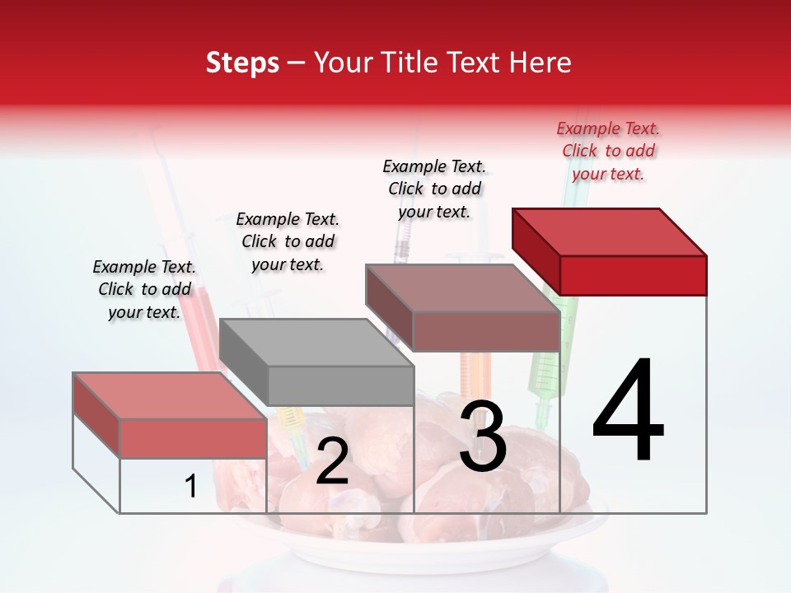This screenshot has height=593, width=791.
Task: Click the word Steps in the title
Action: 242,63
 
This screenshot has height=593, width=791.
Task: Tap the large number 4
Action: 628,412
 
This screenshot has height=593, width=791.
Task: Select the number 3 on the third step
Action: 483,437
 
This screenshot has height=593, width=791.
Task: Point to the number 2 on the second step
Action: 332,461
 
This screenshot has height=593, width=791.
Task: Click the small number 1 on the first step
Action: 191,487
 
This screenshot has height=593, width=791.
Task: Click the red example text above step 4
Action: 608,152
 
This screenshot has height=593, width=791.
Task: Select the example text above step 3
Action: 434,189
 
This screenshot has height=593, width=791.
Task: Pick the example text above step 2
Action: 288,242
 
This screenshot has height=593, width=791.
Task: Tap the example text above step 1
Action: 144,290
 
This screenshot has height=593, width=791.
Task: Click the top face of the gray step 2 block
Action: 316,342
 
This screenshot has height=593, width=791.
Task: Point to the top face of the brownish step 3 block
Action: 462,287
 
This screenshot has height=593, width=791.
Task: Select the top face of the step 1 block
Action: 169,395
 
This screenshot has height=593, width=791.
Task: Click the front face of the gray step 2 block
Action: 340,385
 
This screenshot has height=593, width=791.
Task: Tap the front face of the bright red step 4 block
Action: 633,275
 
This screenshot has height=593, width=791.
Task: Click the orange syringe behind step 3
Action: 475,375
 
